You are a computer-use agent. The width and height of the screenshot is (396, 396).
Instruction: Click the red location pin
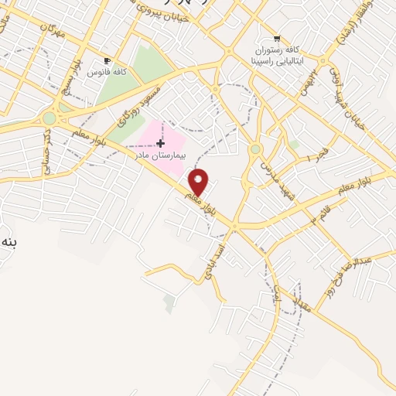[x=199, y=182]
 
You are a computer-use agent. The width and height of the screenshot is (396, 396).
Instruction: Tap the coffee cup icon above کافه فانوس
[x=107, y=60]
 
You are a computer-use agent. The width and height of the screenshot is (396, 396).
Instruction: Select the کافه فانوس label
[x=107, y=72]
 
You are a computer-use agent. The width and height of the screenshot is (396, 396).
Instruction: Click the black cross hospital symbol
[x=160, y=143]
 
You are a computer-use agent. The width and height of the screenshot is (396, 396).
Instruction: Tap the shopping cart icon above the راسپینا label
[x=277, y=39]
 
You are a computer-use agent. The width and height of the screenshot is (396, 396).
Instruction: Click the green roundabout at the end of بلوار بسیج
[x=49, y=118]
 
